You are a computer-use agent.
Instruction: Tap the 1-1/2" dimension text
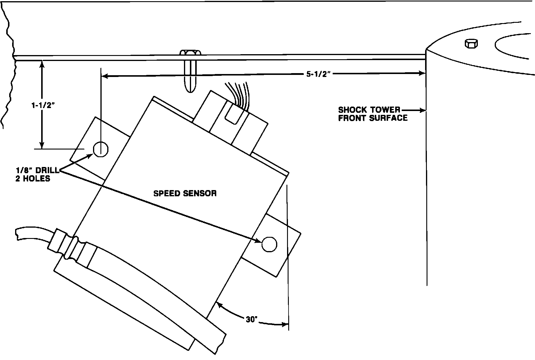click(x=44, y=105)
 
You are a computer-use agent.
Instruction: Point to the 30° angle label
click(x=252, y=320)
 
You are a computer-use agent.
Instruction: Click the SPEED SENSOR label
click(x=185, y=194)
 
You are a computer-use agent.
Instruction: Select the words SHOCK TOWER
click(x=369, y=110)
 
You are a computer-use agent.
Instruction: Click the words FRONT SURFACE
click(x=373, y=118)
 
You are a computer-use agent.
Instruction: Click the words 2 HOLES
click(x=33, y=179)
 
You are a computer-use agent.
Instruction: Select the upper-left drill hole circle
click(x=101, y=149)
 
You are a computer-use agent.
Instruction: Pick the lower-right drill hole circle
click(x=269, y=244)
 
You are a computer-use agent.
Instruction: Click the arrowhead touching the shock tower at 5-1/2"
click(x=422, y=73)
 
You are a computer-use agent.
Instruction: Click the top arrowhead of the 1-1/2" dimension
click(x=42, y=64)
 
